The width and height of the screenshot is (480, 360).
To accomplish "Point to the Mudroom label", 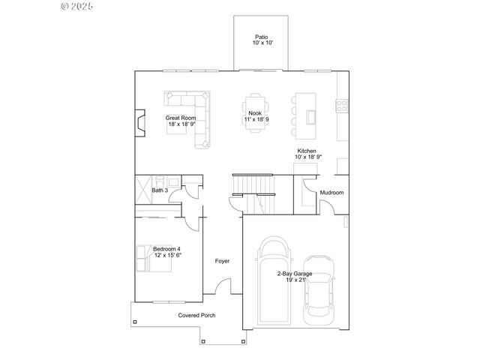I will tap(331, 193).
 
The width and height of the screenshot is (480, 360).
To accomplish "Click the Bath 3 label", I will tap(159, 190).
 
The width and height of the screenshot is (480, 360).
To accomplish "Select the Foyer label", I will tap(222, 261).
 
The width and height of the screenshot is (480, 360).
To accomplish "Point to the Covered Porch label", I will tap(196, 316).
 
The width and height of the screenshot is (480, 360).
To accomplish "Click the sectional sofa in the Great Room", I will tap(196, 112).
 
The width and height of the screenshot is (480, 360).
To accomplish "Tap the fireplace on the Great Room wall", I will tap(139, 121).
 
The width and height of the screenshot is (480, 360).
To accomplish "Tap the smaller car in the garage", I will tap(319, 298).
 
